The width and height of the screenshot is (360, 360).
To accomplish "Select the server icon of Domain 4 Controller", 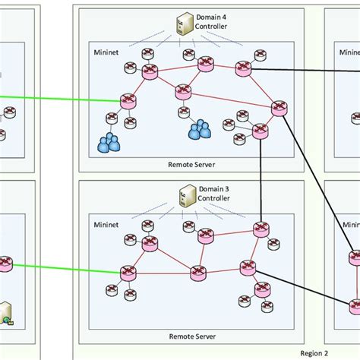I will tap(183, 24).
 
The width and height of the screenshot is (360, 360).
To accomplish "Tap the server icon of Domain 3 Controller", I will tap(183, 197).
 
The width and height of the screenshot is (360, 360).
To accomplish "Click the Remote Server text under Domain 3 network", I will tap(191, 335).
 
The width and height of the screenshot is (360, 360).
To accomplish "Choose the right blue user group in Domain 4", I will tap(200, 131).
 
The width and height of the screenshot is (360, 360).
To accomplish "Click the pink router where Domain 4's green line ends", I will tap(128, 99).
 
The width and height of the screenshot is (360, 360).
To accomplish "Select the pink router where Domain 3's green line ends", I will tap(128, 271).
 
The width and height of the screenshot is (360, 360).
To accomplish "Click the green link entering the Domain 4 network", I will tap(61, 98).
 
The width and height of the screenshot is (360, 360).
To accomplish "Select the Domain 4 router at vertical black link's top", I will tap(261, 131).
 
